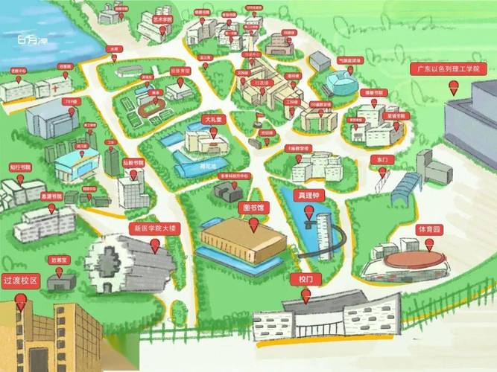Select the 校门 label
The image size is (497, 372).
305,279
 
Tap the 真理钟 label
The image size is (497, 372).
311,196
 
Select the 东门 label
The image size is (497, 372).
382,160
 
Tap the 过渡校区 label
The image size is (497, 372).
20,280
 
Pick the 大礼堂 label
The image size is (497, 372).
213,119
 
